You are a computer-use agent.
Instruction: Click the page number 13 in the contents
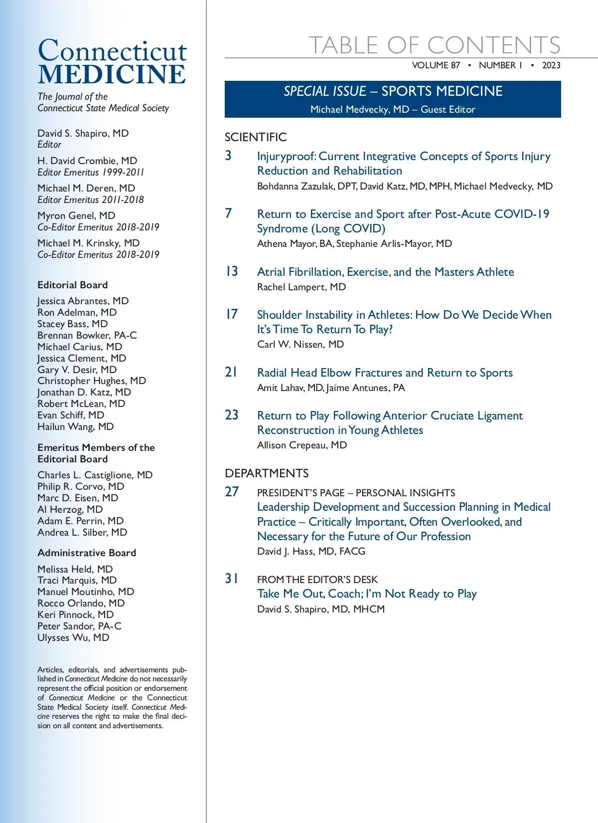(x=232, y=271)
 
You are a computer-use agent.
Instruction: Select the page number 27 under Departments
(x=232, y=492)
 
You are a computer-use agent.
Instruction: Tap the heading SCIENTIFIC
(x=256, y=137)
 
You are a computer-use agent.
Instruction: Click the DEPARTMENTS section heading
(x=267, y=473)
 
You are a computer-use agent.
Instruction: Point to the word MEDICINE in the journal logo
(x=112, y=74)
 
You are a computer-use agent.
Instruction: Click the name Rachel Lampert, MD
(x=301, y=287)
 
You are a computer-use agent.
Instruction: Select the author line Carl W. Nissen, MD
(x=300, y=344)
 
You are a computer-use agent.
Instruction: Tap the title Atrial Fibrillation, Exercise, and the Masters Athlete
(x=385, y=272)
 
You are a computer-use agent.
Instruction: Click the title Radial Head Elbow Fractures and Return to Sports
(x=385, y=373)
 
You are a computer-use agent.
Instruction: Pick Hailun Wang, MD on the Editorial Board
(x=76, y=426)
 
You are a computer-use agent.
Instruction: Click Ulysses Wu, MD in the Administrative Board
(x=73, y=637)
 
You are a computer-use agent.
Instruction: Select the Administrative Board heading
(x=87, y=553)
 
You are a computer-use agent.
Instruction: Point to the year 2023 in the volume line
(x=551, y=65)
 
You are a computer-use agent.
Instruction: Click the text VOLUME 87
(x=436, y=65)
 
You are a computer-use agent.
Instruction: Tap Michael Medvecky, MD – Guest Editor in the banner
(x=393, y=109)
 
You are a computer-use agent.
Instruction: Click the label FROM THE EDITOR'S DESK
(x=317, y=580)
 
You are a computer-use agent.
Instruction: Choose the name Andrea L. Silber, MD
(x=82, y=532)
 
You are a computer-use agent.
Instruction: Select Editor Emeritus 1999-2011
(x=91, y=172)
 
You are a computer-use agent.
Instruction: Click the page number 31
(x=232, y=579)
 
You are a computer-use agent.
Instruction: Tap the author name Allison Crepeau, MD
(x=302, y=445)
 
